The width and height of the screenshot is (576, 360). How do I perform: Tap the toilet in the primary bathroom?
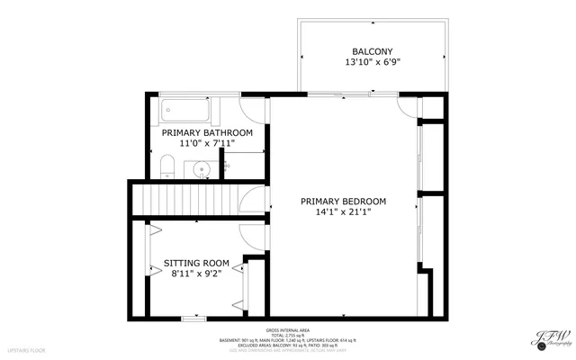[165, 165]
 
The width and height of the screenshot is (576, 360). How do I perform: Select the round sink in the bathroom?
[202, 167]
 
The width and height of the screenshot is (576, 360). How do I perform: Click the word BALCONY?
[372, 50]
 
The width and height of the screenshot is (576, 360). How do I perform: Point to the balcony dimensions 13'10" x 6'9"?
[372, 63]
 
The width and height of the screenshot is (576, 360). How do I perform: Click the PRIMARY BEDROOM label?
[343, 201]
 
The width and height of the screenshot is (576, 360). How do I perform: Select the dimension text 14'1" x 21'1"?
[343, 212]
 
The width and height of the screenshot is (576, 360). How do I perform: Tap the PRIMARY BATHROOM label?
[207, 132]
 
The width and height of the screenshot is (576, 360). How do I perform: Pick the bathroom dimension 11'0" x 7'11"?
[207, 144]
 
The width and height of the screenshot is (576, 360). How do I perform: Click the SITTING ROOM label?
[196, 264]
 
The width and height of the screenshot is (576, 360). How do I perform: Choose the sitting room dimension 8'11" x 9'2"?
[196, 275]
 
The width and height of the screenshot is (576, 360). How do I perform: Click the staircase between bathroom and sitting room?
[184, 198]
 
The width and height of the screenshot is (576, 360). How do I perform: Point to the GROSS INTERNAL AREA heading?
[287, 330]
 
